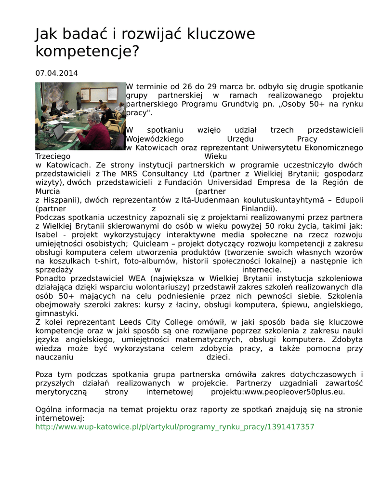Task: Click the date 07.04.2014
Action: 56,73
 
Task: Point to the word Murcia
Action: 48,192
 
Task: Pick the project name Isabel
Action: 46,235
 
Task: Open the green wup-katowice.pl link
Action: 175,427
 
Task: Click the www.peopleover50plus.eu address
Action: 295,392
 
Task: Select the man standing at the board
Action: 79,100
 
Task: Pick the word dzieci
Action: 218,357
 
